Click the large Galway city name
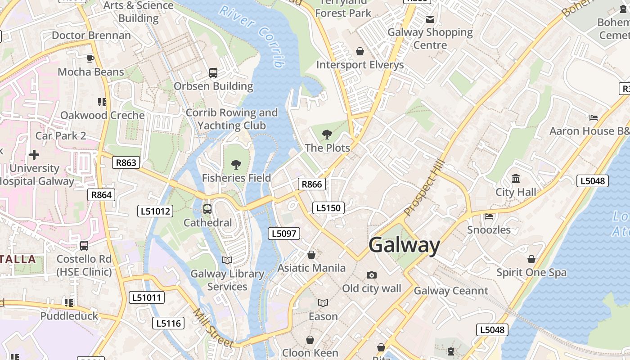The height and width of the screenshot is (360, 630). tap(404, 246)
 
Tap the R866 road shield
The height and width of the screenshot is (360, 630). tap(311, 184)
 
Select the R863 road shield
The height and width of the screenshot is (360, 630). tap(126, 162)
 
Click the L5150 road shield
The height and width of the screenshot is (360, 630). tap(328, 208)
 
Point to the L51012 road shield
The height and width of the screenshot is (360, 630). tap(155, 211)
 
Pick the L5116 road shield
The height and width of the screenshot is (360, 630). tap(168, 323)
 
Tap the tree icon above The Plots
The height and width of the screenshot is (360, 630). tap(327, 134)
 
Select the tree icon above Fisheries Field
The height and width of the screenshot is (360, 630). tap(236, 164)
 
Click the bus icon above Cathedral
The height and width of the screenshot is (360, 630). tap(207, 209)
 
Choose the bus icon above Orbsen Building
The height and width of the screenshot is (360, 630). tap(213, 72)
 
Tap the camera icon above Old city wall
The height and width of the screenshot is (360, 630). tap(371, 275)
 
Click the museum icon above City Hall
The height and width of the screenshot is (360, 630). tap(516, 179)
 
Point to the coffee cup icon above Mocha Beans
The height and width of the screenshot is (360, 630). tap(90, 58)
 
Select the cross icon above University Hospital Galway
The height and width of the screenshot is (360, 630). tap(34, 155)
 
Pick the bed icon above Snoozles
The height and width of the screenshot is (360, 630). tap(489, 216)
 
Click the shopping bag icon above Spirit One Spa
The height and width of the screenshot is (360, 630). tap(531, 259)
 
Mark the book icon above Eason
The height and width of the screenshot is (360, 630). tap(323, 303)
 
